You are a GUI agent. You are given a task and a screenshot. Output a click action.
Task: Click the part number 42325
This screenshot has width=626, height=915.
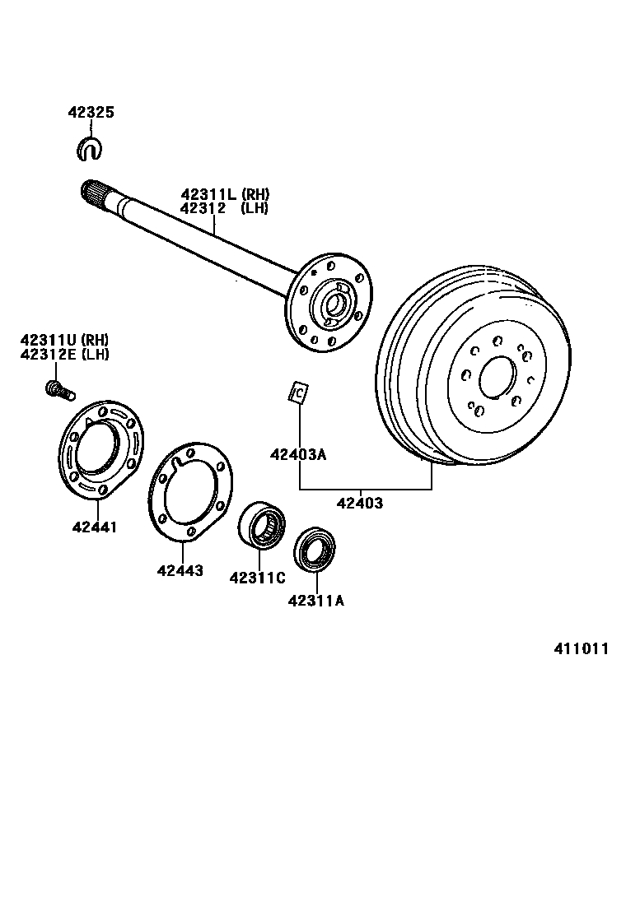tap(91, 113)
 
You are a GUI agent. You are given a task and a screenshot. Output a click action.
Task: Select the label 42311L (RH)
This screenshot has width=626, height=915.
tap(225, 194)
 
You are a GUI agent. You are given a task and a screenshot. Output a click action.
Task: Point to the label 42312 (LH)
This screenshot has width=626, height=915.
tap(225, 207)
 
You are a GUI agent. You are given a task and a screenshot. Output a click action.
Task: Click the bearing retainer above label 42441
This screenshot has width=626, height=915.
tap(100, 450)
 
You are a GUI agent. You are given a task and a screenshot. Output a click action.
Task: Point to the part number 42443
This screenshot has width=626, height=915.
tap(181, 570)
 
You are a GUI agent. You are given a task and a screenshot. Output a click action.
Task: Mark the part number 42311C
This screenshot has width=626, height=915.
tap(257, 578)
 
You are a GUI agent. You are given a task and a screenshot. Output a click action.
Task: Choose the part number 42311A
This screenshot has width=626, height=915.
tap(315, 601)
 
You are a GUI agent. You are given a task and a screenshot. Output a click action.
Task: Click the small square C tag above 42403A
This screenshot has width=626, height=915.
tap(298, 392)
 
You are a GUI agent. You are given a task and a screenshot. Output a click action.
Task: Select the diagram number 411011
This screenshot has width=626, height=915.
tap(581, 648)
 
